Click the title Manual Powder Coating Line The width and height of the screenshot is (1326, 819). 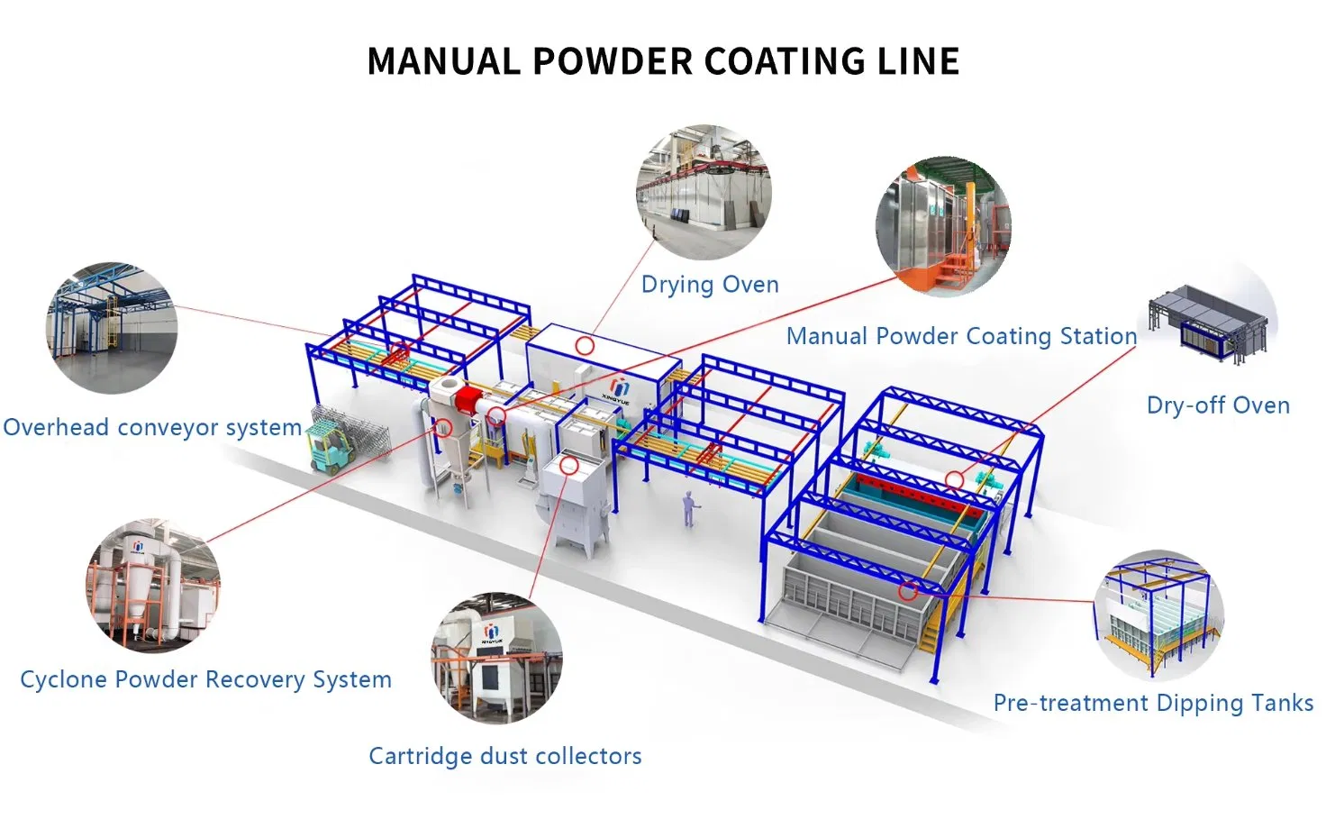663,62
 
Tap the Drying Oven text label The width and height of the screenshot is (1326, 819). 710,285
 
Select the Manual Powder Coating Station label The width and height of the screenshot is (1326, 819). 961,336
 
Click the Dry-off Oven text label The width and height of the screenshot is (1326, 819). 1218,405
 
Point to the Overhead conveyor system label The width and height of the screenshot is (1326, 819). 152,427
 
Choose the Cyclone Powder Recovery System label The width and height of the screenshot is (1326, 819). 205,679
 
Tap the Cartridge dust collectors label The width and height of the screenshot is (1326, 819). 504,756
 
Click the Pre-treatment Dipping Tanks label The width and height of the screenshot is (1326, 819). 1153,703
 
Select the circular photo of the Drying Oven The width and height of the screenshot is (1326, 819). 704,192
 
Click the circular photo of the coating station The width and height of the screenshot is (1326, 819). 943,226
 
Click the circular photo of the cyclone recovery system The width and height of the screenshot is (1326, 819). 153,584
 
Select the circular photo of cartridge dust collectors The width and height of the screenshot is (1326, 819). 496,658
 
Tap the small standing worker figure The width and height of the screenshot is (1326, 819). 689,509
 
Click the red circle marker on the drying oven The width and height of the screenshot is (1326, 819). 585,345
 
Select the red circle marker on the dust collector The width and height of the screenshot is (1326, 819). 568,465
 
